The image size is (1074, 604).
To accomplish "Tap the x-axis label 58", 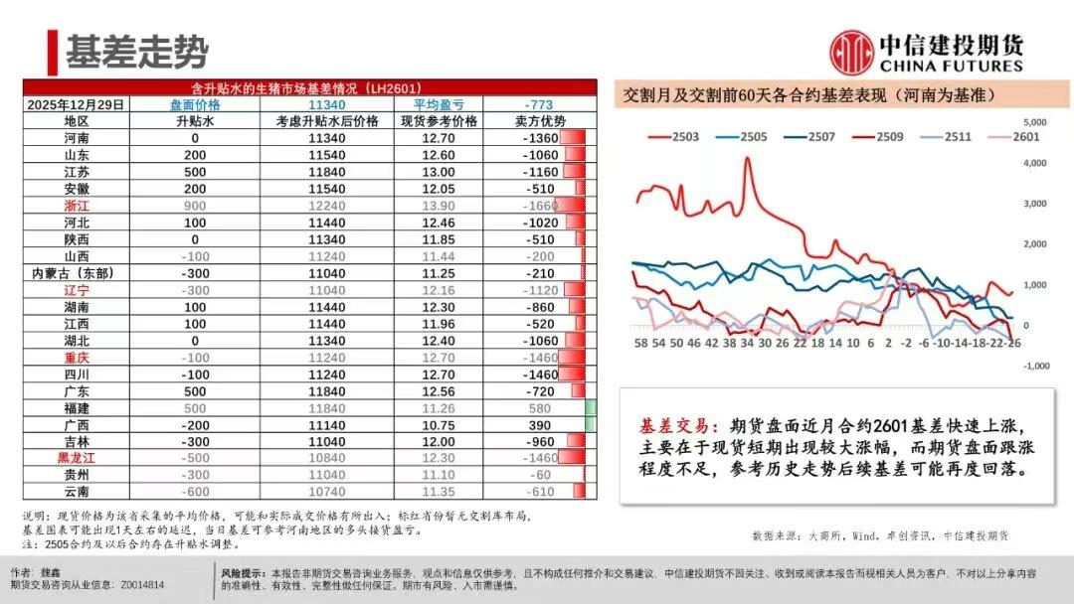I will click(x=640, y=343).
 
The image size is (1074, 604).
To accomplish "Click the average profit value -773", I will click(x=538, y=104).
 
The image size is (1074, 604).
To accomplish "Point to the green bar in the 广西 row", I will click(x=591, y=425).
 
